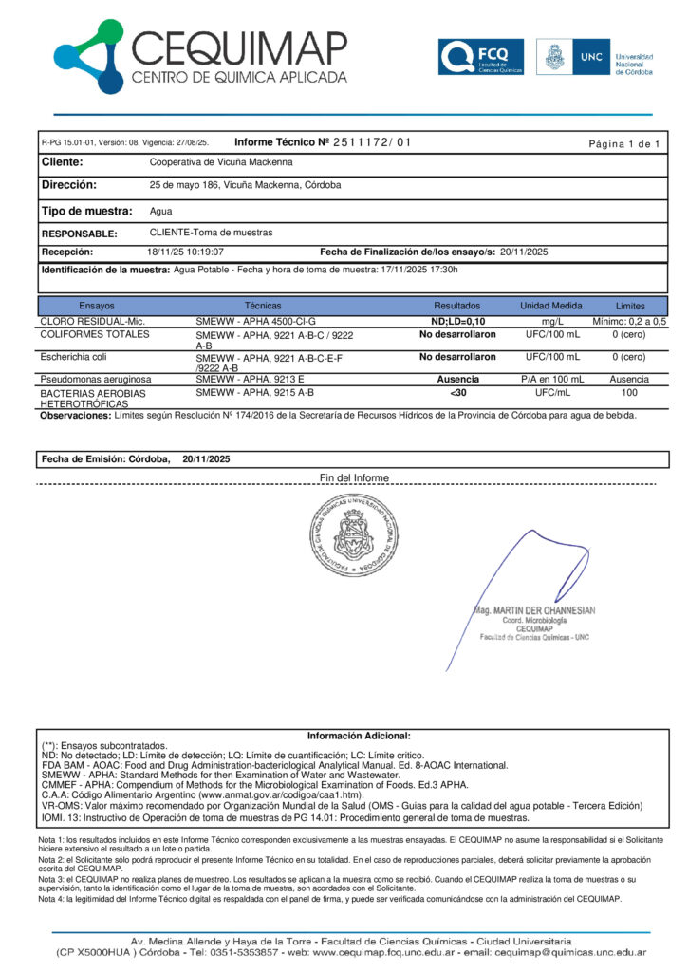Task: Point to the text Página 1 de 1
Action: coord(623,143)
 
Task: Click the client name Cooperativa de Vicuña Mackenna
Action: coord(221,162)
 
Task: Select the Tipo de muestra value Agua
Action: coord(161,211)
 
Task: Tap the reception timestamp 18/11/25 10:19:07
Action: coord(185,252)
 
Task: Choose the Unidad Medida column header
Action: coord(551,307)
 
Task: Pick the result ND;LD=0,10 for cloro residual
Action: coord(457,322)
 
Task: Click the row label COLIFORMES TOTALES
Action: coord(95,335)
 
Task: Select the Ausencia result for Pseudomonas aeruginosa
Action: coord(457,379)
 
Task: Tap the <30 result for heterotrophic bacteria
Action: coord(457,392)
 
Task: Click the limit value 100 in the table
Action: coord(629,392)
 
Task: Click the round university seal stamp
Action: coord(350,537)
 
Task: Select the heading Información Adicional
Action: coord(359,736)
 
